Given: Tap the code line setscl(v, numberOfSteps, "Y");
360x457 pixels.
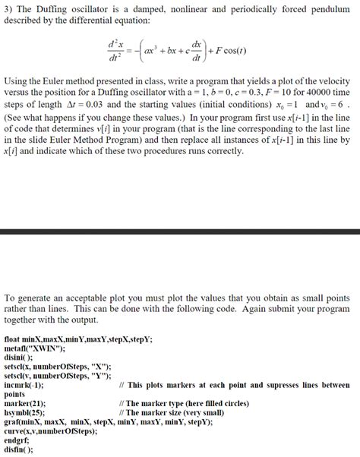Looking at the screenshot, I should coord(58,375).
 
